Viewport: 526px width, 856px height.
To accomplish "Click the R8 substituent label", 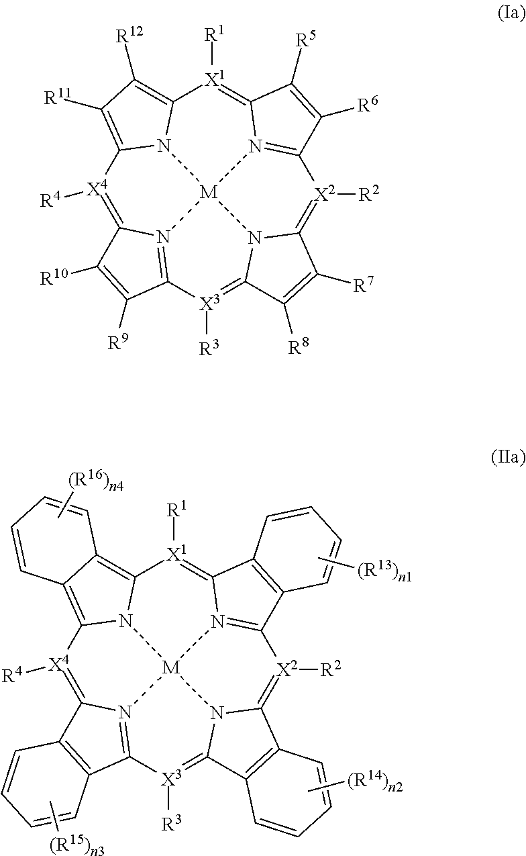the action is click(300, 346).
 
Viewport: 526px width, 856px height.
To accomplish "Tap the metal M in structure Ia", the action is click(210, 193).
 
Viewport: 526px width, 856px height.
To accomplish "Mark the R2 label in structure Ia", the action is click(371, 196).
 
